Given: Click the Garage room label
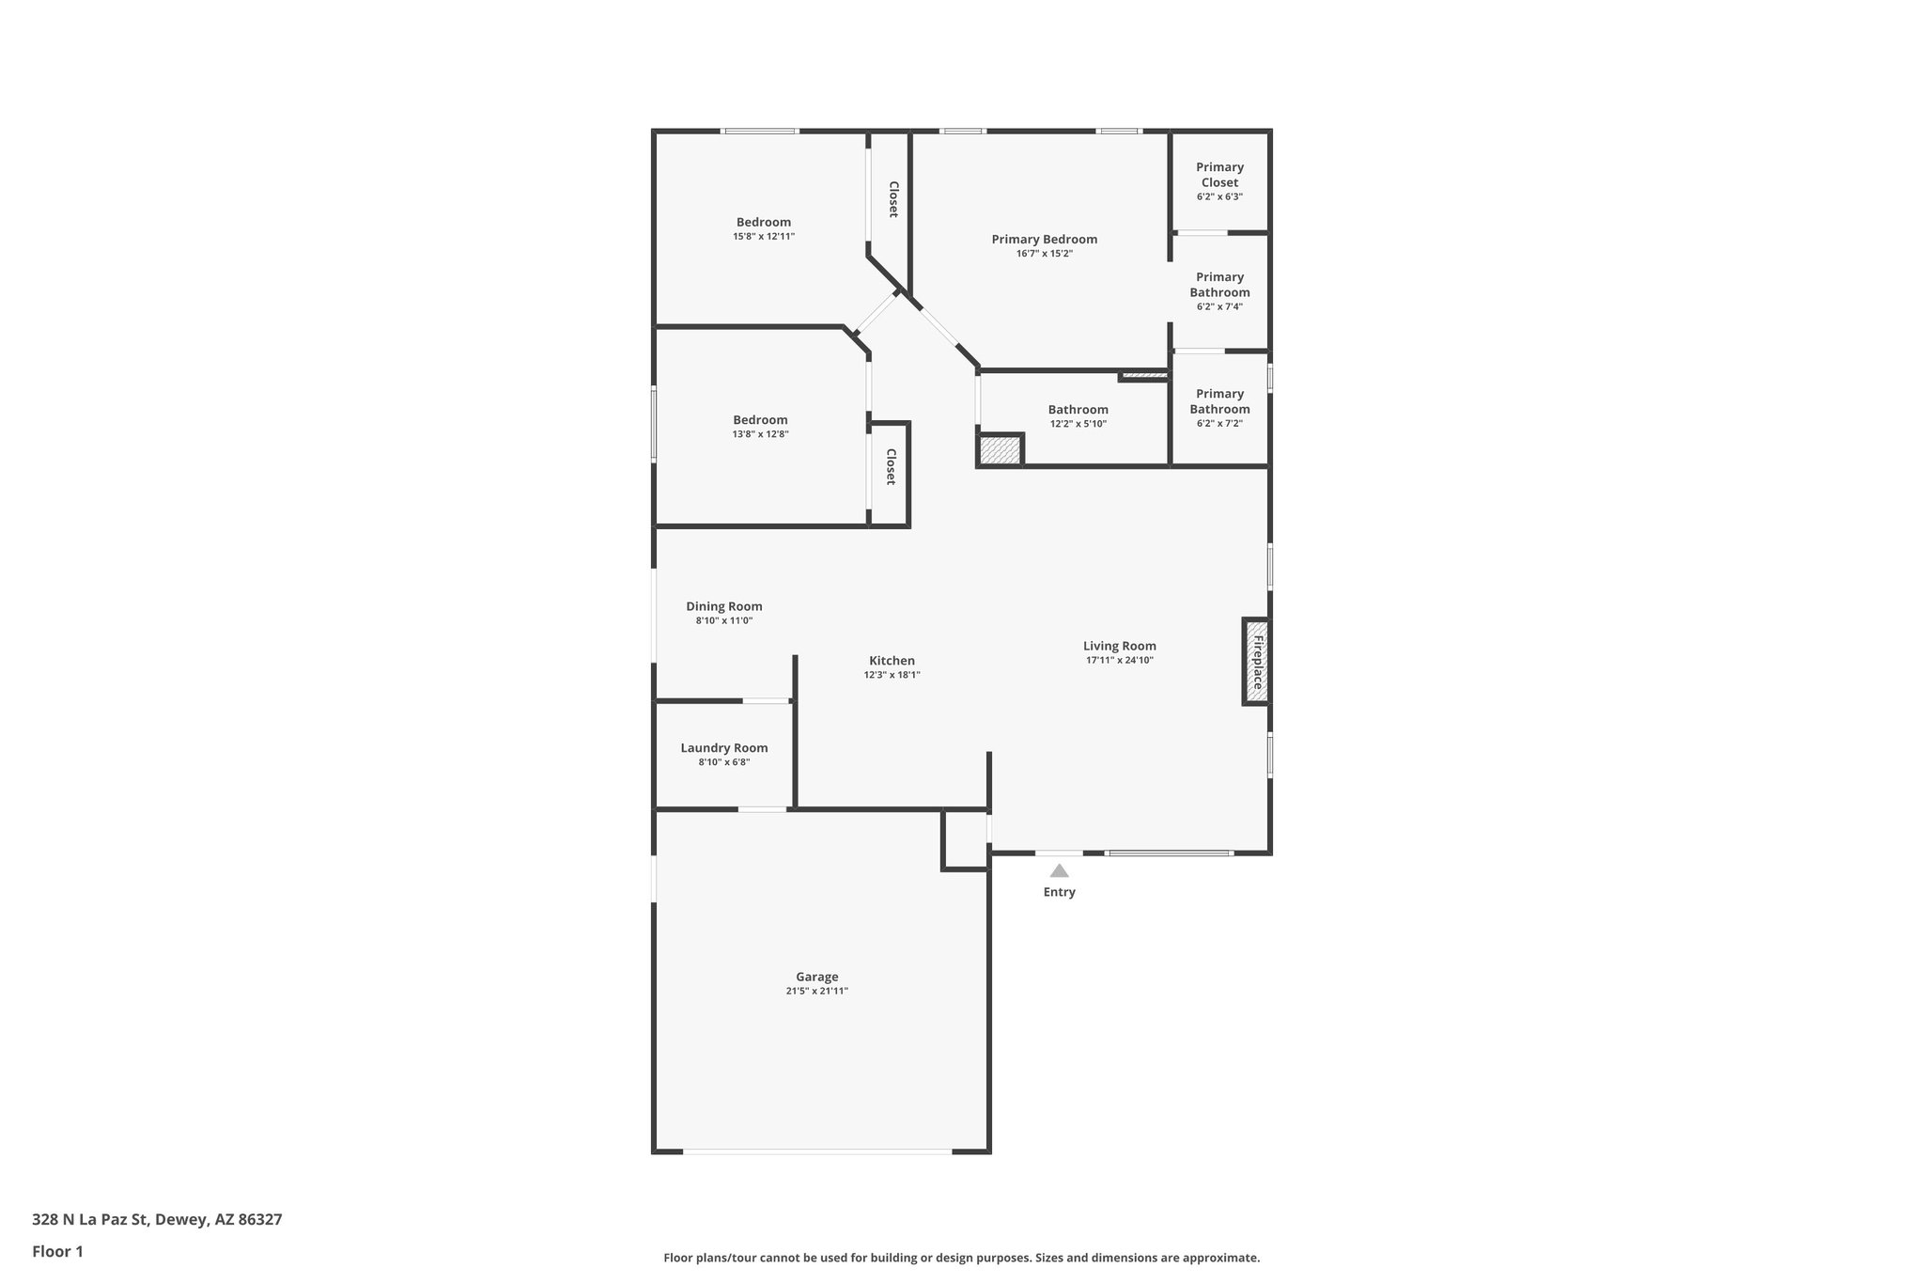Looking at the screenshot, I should click(816, 977).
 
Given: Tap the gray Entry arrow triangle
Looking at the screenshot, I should click(1059, 870).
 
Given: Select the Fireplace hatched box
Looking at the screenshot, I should click(1257, 661).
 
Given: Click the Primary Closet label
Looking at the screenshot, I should click(1219, 175).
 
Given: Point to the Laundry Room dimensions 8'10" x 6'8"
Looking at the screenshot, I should click(723, 762).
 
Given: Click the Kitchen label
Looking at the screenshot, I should click(892, 661).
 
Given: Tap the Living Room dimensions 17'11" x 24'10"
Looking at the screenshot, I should click(1119, 660).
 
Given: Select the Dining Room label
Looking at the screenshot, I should click(723, 606).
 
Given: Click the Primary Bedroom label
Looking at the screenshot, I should click(1044, 239).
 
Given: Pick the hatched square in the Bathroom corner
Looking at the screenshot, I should click(1000, 449).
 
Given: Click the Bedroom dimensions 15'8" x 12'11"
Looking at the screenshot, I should click(763, 237).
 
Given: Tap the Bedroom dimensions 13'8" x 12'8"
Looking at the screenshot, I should click(760, 434).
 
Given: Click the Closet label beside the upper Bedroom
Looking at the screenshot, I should click(893, 199).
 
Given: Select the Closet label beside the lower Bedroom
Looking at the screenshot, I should click(891, 466).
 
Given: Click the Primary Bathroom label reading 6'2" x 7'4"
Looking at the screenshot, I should click(1219, 291).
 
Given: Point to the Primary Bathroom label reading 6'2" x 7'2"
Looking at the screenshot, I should click(1219, 408).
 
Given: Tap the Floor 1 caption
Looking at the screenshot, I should click(57, 1251).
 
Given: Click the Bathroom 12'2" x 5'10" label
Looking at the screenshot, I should click(1078, 415).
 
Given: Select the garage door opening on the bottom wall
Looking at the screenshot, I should click(816, 1151).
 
